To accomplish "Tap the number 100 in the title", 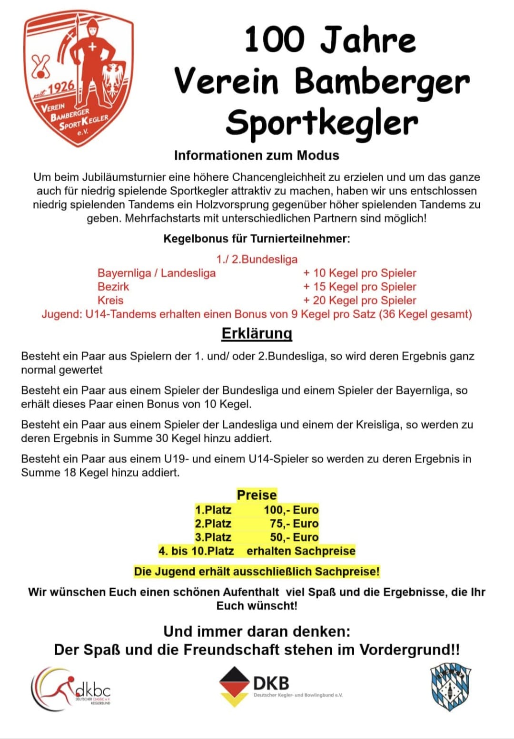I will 274,40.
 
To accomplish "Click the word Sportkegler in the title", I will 322,123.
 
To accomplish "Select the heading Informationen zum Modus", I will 257,156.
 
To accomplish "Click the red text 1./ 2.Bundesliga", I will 257,259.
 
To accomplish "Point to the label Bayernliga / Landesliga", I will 157,273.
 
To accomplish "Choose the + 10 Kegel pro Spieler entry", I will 360,273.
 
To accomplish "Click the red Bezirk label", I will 113,287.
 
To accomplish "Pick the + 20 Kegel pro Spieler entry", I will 360,301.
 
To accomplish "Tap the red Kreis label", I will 110,301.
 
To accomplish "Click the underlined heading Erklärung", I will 257,333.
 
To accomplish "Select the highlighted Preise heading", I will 257,495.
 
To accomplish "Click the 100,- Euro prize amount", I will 291,510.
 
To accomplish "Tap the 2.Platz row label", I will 213,524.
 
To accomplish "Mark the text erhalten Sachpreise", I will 301,551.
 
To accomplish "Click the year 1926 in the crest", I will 61,88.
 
